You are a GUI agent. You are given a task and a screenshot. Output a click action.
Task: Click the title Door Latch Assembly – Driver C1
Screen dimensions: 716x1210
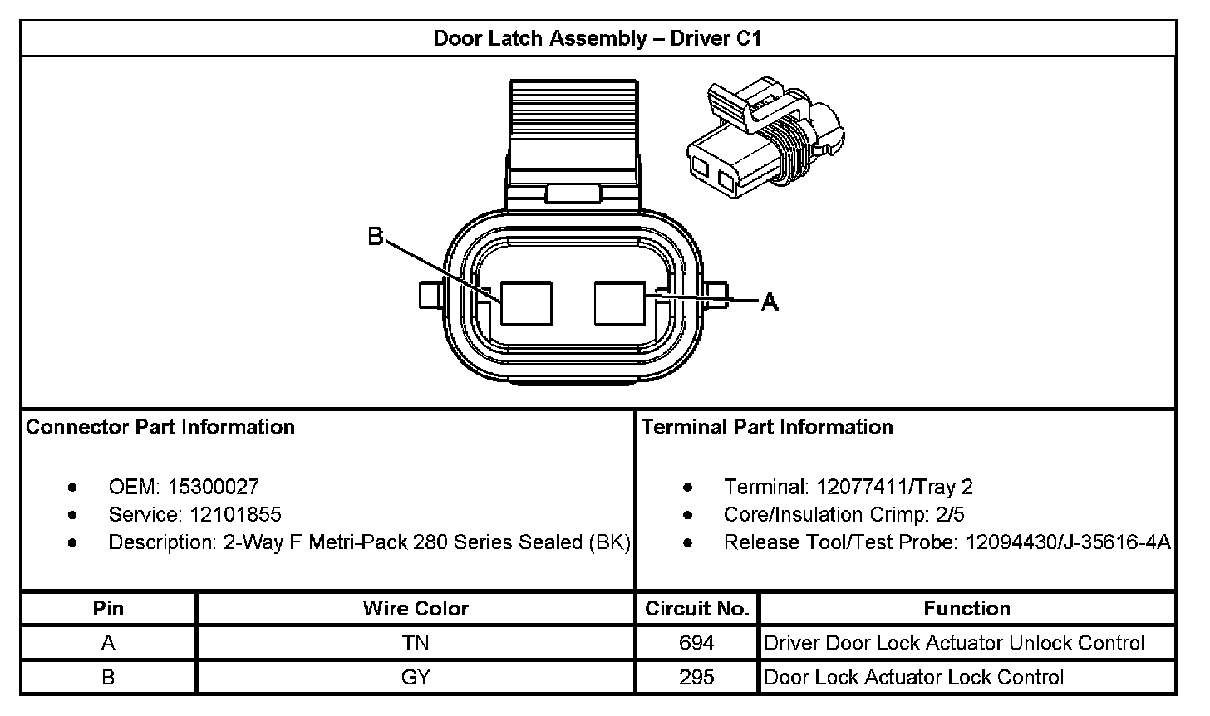[x=598, y=38]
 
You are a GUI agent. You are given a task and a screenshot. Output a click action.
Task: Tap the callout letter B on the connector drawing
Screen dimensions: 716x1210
[x=376, y=238]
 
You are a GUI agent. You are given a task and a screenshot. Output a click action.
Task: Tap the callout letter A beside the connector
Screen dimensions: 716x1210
[x=770, y=302]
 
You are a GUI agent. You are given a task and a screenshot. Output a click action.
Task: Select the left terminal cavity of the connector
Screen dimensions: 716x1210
[x=526, y=302]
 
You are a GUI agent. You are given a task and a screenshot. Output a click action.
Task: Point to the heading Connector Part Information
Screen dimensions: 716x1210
[x=160, y=427]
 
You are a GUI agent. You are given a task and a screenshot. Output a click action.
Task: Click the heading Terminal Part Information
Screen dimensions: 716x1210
[x=767, y=427]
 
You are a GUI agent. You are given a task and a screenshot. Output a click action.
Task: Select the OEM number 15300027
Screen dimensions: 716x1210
[x=214, y=487]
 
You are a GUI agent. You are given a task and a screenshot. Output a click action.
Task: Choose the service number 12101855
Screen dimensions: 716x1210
[x=235, y=514]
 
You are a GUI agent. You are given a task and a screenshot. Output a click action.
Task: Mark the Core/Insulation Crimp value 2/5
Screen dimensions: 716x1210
[x=949, y=514]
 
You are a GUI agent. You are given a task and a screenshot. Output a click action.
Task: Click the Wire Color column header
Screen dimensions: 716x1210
[x=416, y=608]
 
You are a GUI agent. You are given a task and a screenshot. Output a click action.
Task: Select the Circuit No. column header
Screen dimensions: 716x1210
[x=696, y=608]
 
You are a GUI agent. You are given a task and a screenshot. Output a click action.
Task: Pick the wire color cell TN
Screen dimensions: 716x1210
[x=416, y=643]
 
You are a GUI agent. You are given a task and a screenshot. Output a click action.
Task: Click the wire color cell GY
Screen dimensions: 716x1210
[x=416, y=677]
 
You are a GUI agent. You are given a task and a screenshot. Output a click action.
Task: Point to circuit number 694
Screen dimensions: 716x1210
[x=696, y=643]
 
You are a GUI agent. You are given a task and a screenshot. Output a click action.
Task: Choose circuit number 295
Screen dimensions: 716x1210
[x=696, y=677]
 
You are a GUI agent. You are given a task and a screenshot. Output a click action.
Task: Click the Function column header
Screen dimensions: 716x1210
[x=967, y=608]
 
